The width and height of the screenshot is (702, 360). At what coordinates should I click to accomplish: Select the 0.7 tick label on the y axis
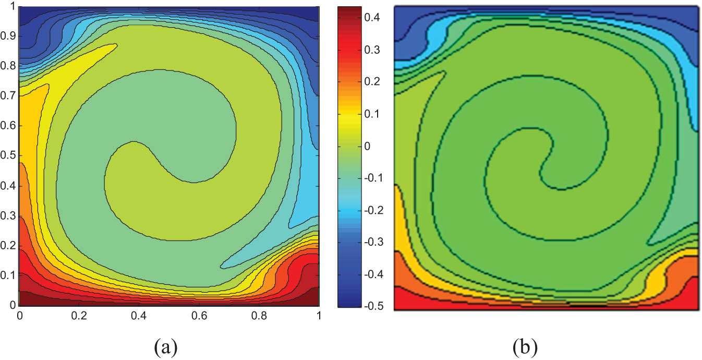point(8,97)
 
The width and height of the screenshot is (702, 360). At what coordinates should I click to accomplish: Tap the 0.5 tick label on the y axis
point(8,156)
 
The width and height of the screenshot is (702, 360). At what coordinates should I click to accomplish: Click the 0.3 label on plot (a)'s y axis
point(8,216)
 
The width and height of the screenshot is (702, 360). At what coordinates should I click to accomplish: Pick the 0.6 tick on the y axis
point(8,126)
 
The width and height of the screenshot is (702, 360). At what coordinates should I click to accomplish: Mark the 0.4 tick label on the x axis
point(139,316)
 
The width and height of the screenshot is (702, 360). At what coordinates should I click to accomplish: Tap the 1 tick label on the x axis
point(318,316)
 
